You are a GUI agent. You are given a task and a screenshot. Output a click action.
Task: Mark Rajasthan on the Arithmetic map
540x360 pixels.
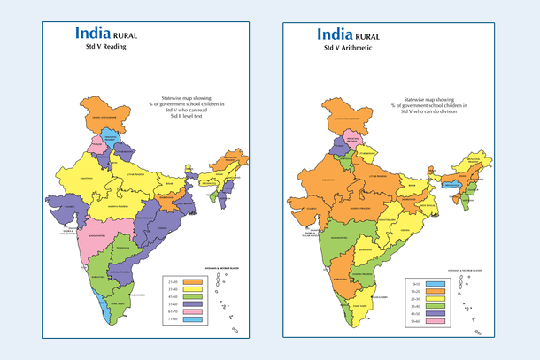pyautogui.click(x=314, y=182)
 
